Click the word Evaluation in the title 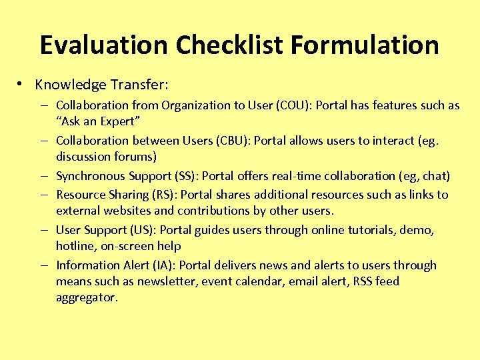[103, 45]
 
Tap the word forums [135, 157]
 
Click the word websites [129, 211]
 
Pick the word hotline [75, 246]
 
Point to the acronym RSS [361, 281]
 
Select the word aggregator [87, 297]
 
